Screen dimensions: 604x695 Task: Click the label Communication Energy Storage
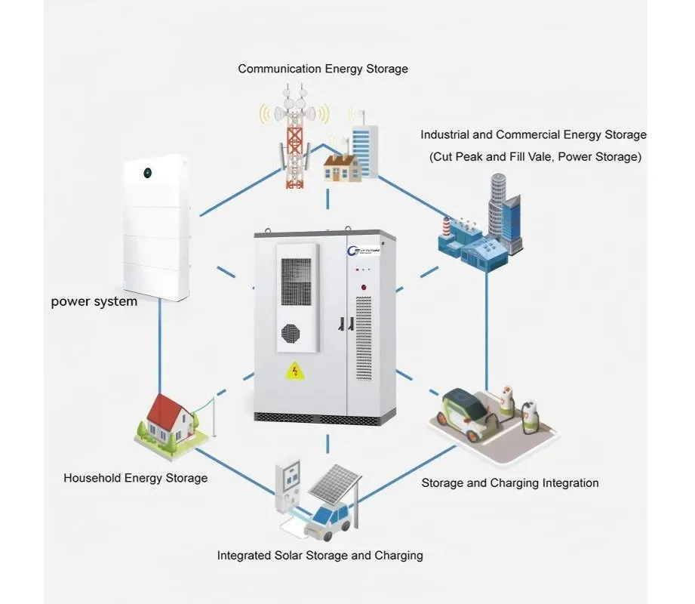[323, 69]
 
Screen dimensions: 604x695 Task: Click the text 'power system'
[94, 302]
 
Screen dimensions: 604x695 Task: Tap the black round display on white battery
[147, 172]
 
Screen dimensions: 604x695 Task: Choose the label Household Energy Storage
[135, 478]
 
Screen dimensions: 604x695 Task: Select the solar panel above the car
[333, 483]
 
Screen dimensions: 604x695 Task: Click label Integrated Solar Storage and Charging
[320, 556]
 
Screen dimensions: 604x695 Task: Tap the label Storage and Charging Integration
[509, 483]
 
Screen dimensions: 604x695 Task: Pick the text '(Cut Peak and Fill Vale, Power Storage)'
[535, 157]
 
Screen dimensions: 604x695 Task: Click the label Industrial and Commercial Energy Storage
[533, 135]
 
